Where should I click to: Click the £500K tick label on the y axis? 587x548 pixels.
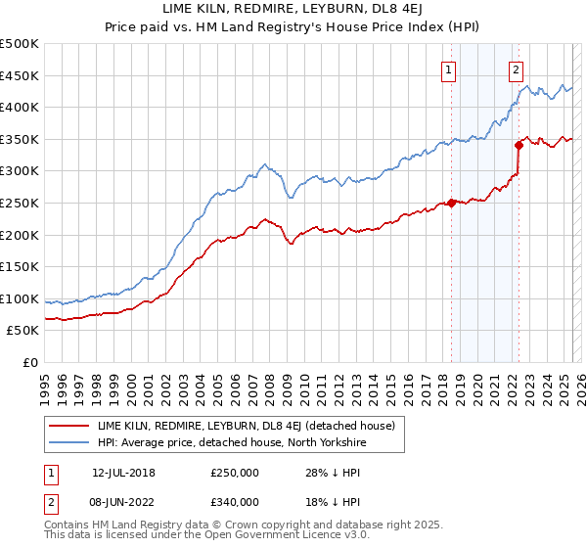20,44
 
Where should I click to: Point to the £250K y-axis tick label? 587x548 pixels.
20,204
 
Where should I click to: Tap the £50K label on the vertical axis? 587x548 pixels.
23,331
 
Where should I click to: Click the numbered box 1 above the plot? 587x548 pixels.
448,69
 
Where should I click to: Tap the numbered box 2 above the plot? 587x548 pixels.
516,69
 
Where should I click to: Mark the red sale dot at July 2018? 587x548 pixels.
452,204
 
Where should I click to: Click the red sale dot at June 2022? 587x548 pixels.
519,146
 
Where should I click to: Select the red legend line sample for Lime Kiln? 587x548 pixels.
68,426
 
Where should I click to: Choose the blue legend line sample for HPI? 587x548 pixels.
68,441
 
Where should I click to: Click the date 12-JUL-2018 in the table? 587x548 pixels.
123,474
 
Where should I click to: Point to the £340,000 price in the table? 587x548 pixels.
235,502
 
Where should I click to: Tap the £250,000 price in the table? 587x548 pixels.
235,474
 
